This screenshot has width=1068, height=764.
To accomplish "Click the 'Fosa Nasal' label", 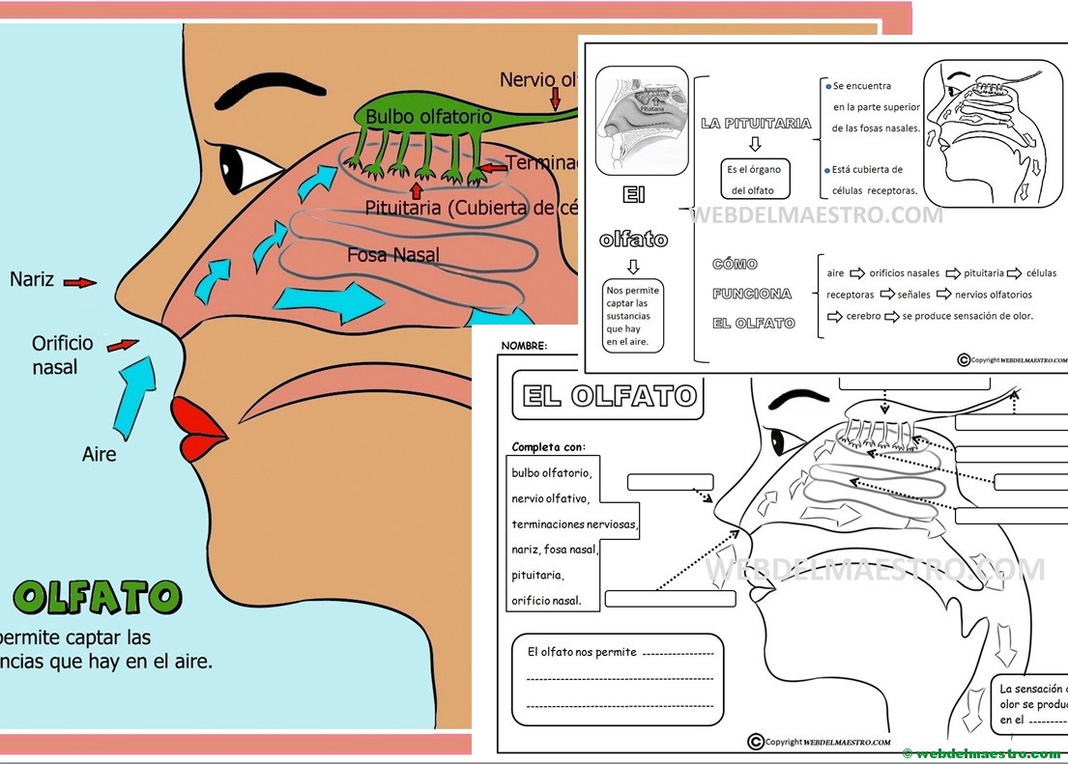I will coord(393,255).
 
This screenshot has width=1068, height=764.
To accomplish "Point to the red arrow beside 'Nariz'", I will coord(80,282).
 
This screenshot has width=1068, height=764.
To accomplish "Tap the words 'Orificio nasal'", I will coord(61,354).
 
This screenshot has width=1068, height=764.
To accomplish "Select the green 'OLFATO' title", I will coord(98,598).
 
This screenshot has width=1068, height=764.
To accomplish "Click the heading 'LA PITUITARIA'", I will coord(756,124).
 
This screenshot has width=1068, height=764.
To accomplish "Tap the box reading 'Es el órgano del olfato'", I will coord(755,180).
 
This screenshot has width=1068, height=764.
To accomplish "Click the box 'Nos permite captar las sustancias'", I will coord(632,316).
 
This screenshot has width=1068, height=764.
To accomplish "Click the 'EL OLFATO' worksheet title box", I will coord(609,396).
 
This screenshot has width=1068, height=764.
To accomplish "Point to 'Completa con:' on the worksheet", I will coord(548,446).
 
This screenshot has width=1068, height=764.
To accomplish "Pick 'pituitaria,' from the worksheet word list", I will coord(537,575).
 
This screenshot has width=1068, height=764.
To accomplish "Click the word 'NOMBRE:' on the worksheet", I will coord(523,345).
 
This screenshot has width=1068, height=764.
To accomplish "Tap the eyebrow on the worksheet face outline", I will coord(798,397).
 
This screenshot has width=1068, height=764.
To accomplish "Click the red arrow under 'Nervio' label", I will coord(555,99).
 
